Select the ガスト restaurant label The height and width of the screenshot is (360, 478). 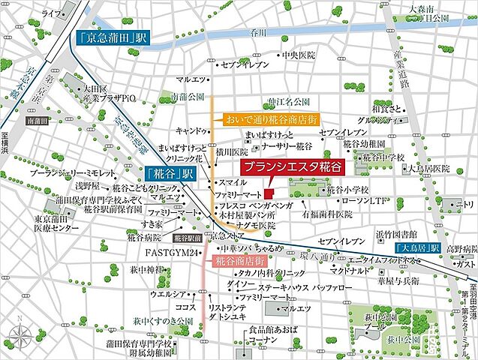466,264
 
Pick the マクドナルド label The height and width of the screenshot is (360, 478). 351,269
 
